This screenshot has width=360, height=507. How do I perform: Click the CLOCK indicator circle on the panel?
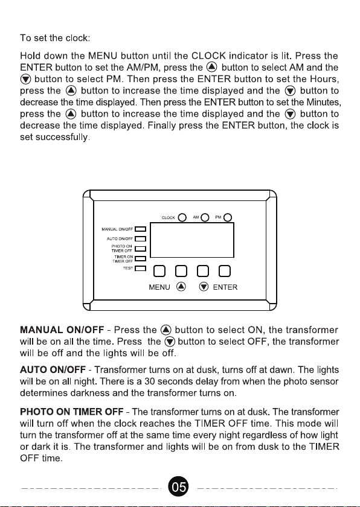pos(182,218)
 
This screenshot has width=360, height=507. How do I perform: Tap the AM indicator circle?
pos(205,218)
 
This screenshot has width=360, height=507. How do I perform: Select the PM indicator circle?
pos(228,218)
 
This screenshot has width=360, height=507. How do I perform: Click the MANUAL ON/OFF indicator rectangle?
pos(140,229)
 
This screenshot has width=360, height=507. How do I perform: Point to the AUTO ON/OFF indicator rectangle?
pos(140,239)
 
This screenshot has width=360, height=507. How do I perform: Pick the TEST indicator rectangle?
pos(140,269)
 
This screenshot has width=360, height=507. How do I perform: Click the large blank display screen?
pos(192,240)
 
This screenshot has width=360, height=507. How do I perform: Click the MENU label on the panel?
pos(159,287)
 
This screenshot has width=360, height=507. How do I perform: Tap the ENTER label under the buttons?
pos(225,287)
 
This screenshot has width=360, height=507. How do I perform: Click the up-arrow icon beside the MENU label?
pos(181,287)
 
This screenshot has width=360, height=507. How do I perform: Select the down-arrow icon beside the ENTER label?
pos(204,287)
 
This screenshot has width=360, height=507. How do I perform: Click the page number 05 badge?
pos(178,486)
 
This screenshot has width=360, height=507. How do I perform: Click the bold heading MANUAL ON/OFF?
pos(62,330)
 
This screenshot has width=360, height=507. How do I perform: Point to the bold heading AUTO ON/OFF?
pos(53,370)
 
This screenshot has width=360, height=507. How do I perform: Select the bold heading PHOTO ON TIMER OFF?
pos(72,412)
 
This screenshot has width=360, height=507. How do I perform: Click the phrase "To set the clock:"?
pos(55,38)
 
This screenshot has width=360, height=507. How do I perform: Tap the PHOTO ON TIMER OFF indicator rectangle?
pos(140,249)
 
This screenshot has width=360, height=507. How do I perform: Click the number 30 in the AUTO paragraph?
pos(150,381)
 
